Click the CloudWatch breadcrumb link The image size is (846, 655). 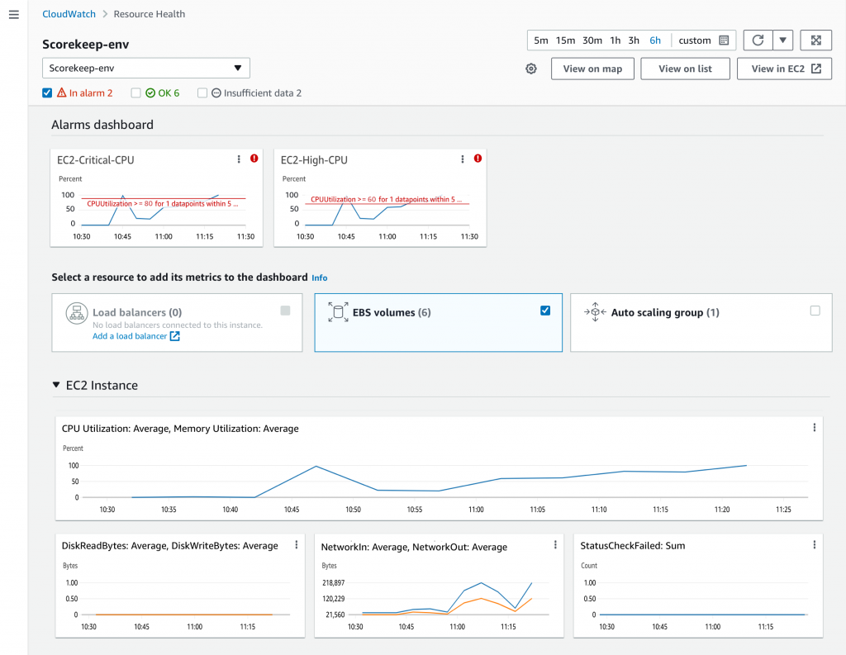point(69,14)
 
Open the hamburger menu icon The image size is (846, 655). point(13,16)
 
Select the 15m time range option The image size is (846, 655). point(565,40)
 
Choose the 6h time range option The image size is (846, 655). point(655,40)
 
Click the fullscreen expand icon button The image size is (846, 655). point(815,40)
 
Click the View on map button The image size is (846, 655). point(592,69)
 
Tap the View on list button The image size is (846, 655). point(685,69)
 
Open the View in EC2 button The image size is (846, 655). point(785,69)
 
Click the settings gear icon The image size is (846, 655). point(531,69)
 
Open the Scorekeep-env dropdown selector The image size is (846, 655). point(146,68)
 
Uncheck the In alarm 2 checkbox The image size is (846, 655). point(47,93)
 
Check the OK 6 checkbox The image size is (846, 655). point(136,93)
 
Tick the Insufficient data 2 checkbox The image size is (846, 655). point(202,93)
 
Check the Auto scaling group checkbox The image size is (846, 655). point(815,311)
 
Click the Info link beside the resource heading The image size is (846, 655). point(319,278)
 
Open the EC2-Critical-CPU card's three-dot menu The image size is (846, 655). point(240,159)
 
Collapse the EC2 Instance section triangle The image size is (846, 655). point(56,385)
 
